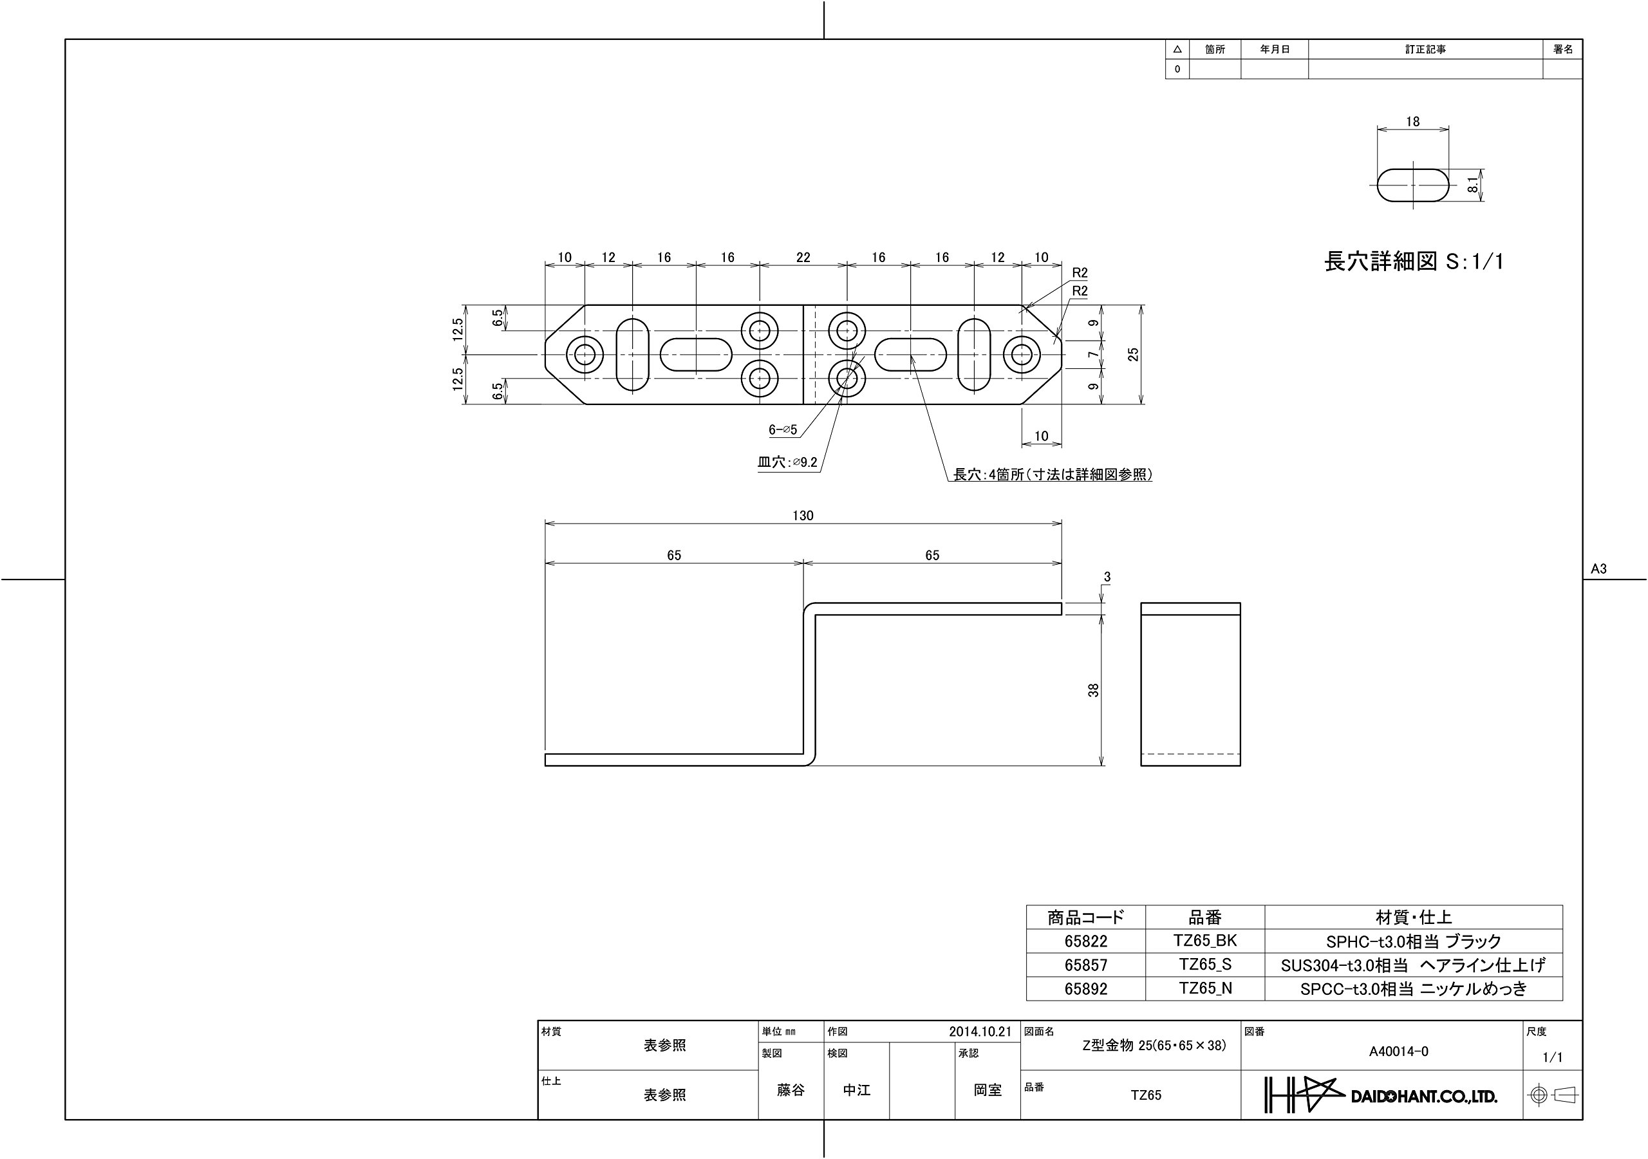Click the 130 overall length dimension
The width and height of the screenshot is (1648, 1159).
(x=803, y=516)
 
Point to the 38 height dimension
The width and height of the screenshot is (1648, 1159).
(x=1093, y=690)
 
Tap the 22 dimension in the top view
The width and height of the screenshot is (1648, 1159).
(x=803, y=257)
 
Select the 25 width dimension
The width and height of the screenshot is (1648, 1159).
(x=1134, y=354)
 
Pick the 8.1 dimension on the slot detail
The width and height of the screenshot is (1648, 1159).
(x=1473, y=185)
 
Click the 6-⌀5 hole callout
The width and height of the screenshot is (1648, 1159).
(x=783, y=429)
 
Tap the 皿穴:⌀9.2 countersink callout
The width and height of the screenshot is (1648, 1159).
(x=787, y=462)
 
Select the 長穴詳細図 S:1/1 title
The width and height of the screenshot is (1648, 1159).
(x=1413, y=261)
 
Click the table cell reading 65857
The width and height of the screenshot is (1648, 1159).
(x=1086, y=965)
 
